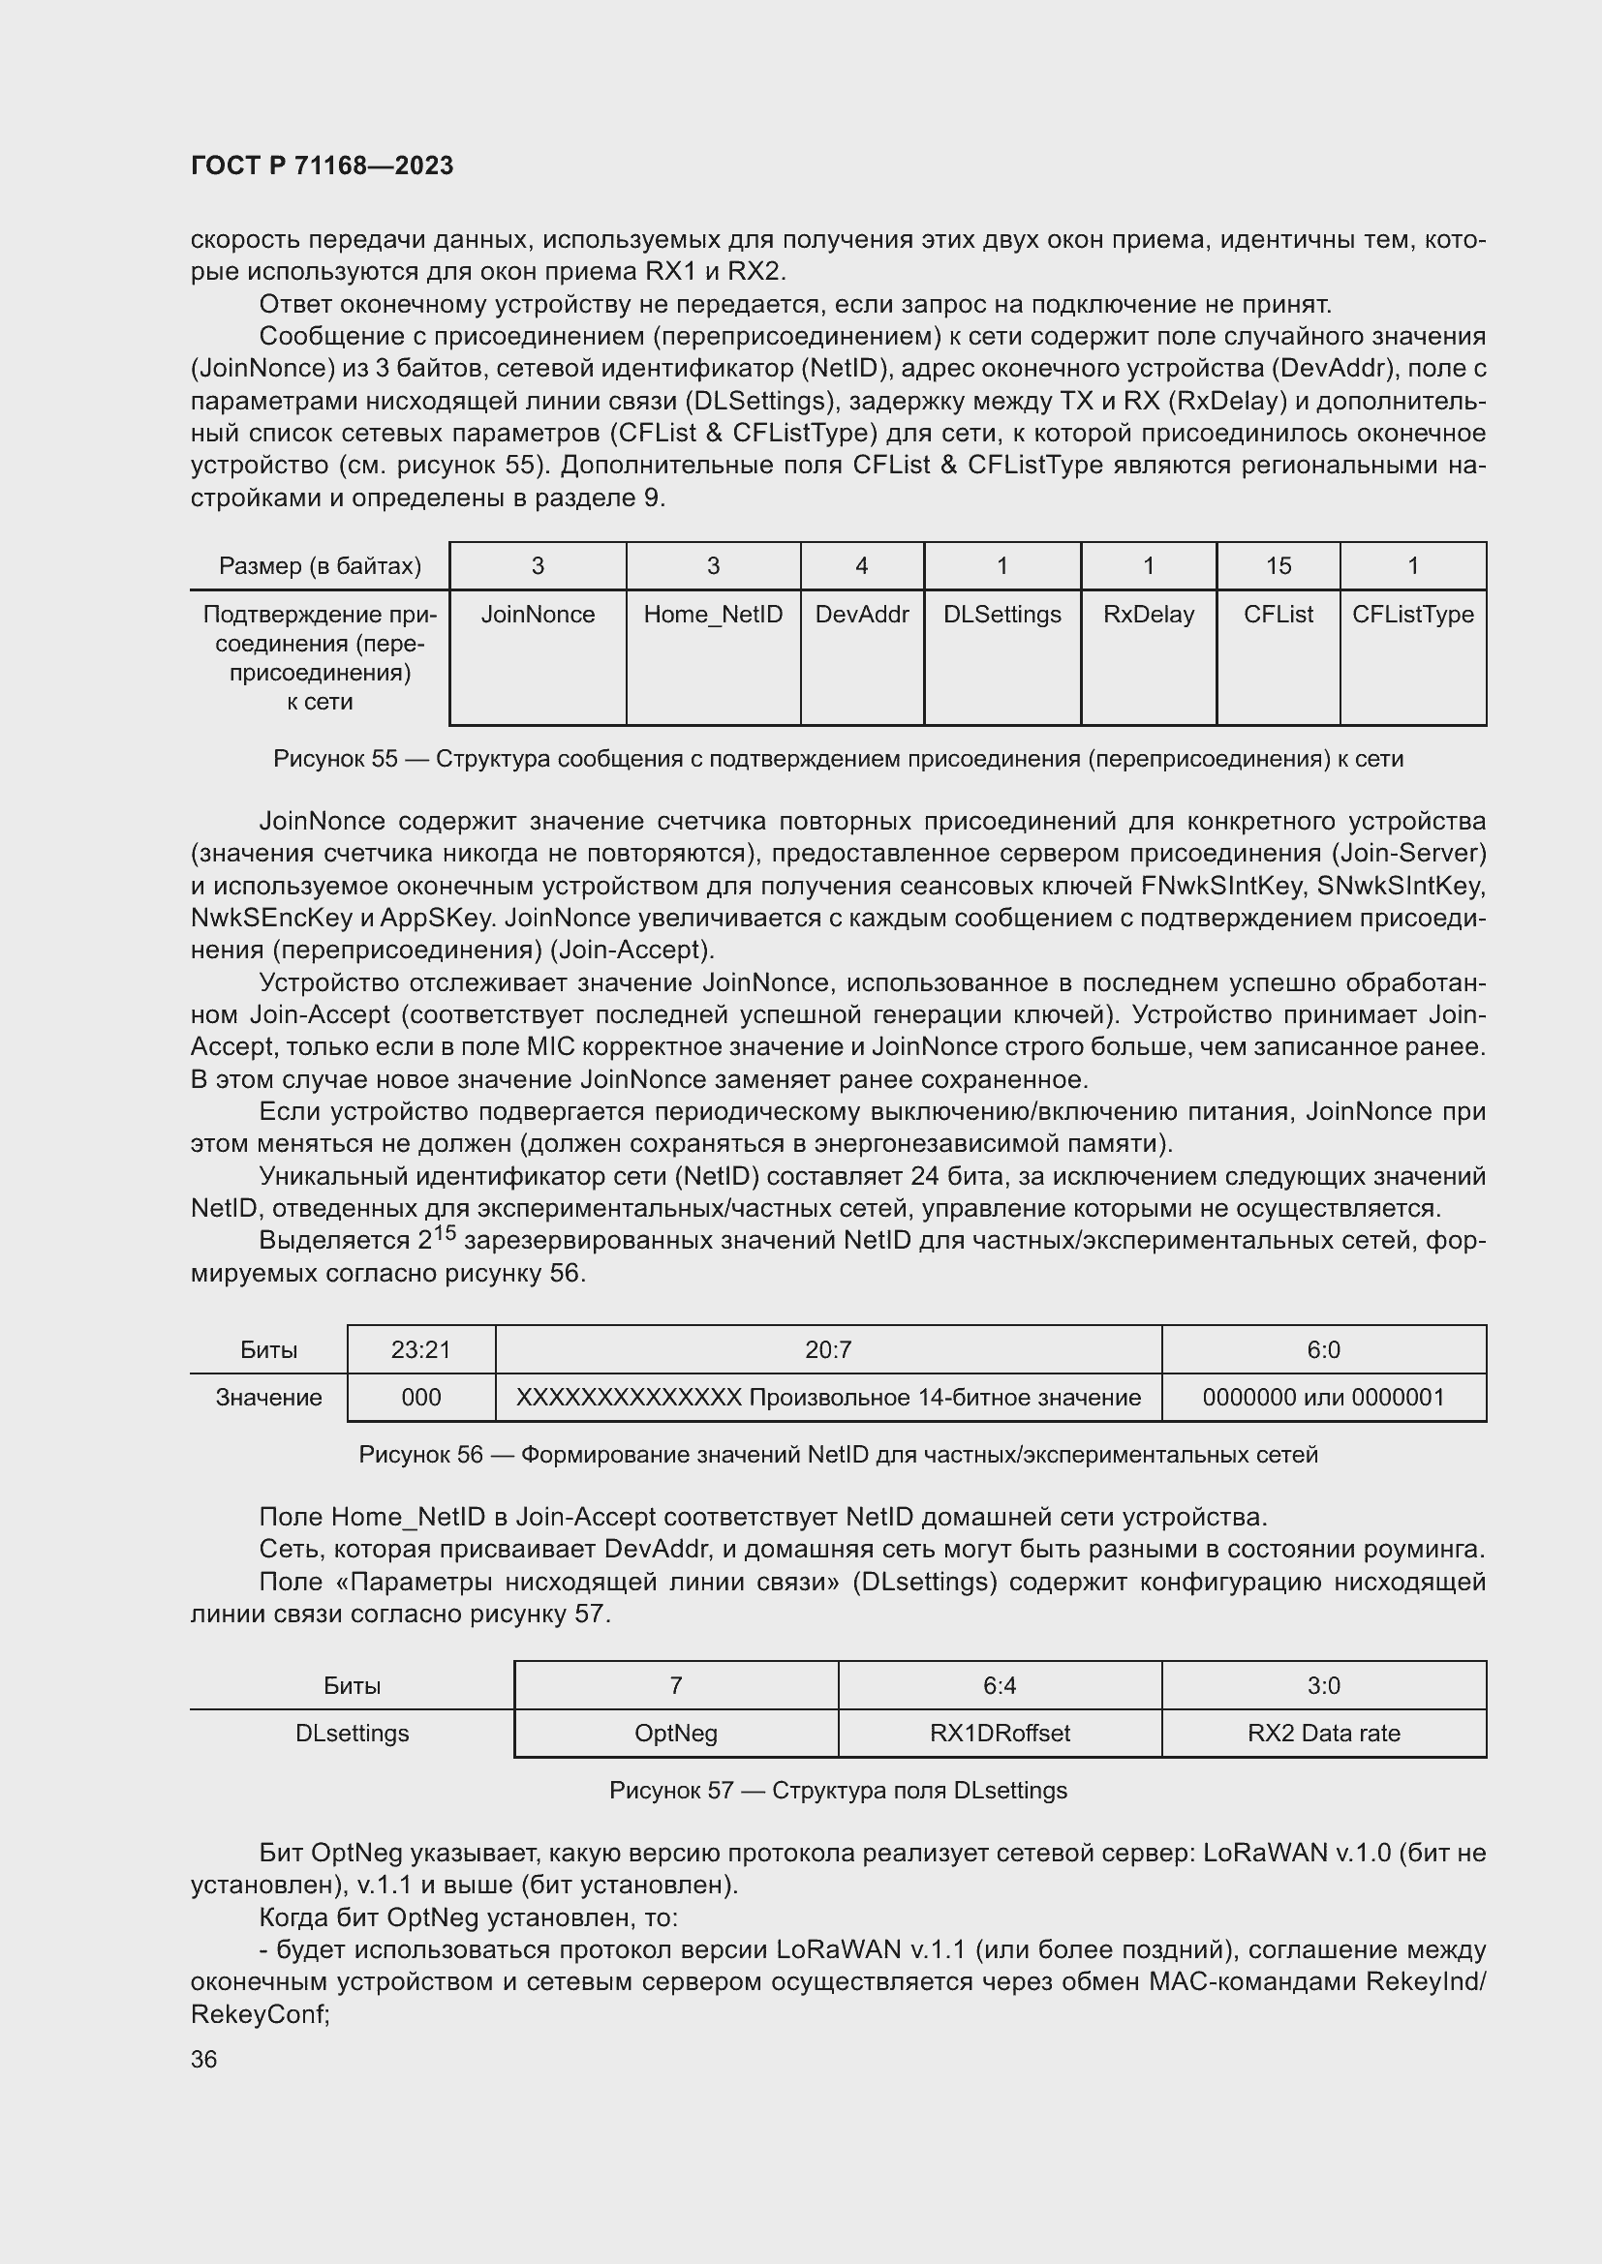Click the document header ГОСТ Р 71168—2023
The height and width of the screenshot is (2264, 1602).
[x=322, y=166]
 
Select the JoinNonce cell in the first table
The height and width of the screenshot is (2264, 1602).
[x=538, y=615]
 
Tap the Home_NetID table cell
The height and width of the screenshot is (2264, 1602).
[x=712, y=615]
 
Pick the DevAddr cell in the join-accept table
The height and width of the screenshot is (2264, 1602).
[x=861, y=615]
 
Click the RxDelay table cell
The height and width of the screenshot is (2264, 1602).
[x=1149, y=615]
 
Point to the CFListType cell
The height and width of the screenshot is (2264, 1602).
[x=1411, y=615]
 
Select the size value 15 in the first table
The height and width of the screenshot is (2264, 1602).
[x=1278, y=566]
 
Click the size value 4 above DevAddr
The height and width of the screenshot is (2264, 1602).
[x=861, y=566]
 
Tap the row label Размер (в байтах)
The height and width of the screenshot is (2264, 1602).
[x=320, y=566]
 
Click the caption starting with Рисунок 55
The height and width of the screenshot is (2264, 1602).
[x=838, y=758]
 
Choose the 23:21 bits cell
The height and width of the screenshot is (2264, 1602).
[x=420, y=1350]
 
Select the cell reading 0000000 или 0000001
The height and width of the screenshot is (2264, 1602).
[x=1323, y=1398]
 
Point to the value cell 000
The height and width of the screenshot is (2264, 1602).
[x=420, y=1398]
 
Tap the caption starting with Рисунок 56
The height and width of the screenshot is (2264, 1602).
[x=838, y=1455]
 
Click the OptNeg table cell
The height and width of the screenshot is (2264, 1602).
[x=676, y=1734]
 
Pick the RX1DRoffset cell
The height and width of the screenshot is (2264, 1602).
[x=1000, y=1734]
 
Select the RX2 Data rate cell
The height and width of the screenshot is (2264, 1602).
[x=1323, y=1734]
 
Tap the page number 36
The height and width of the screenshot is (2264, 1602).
[x=204, y=2060]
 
